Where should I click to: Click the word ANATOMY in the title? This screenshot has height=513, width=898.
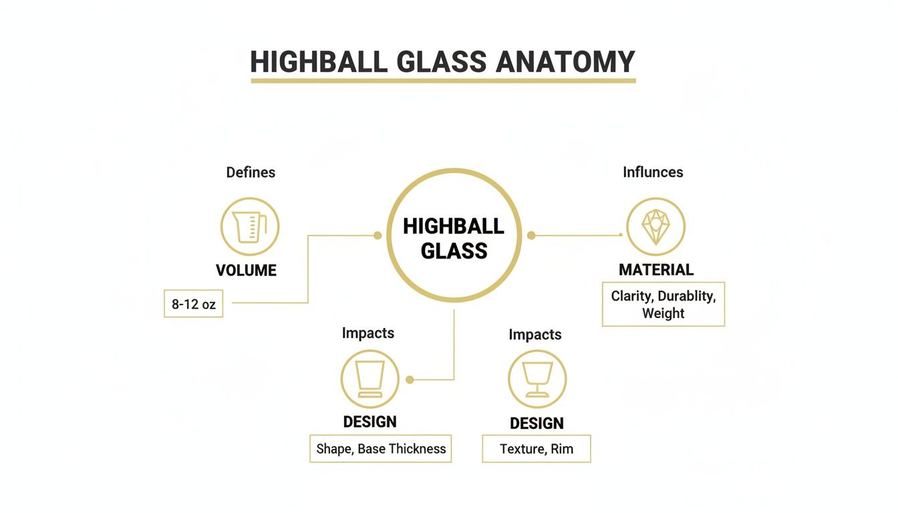click(565, 62)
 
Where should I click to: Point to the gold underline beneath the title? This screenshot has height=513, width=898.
click(443, 81)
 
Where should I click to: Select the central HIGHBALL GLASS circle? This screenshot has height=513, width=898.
click(454, 235)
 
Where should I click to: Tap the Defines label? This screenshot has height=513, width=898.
click(251, 172)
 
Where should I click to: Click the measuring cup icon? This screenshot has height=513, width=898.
click(250, 226)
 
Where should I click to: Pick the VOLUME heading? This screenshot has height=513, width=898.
click(246, 271)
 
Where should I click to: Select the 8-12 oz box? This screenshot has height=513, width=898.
click(194, 304)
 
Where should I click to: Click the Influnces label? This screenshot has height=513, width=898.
click(653, 172)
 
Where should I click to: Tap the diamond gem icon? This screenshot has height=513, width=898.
click(655, 226)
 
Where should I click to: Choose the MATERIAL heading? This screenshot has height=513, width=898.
click(656, 270)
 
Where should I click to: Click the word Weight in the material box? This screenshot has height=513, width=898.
click(663, 313)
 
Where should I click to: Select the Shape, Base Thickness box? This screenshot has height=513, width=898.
click(381, 449)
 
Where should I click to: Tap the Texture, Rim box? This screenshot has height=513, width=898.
click(537, 449)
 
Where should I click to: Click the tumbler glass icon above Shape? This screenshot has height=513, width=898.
click(369, 379)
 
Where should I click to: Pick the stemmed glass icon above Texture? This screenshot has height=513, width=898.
click(537, 379)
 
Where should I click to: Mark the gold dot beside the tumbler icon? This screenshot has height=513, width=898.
click(410, 379)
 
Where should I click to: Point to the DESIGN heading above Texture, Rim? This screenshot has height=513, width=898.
click(537, 423)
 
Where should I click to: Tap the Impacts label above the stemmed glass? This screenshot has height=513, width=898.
click(535, 334)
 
